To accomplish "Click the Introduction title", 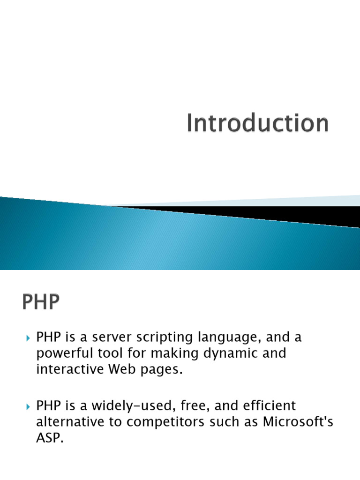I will [257, 124].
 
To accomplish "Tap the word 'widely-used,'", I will [133, 405].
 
